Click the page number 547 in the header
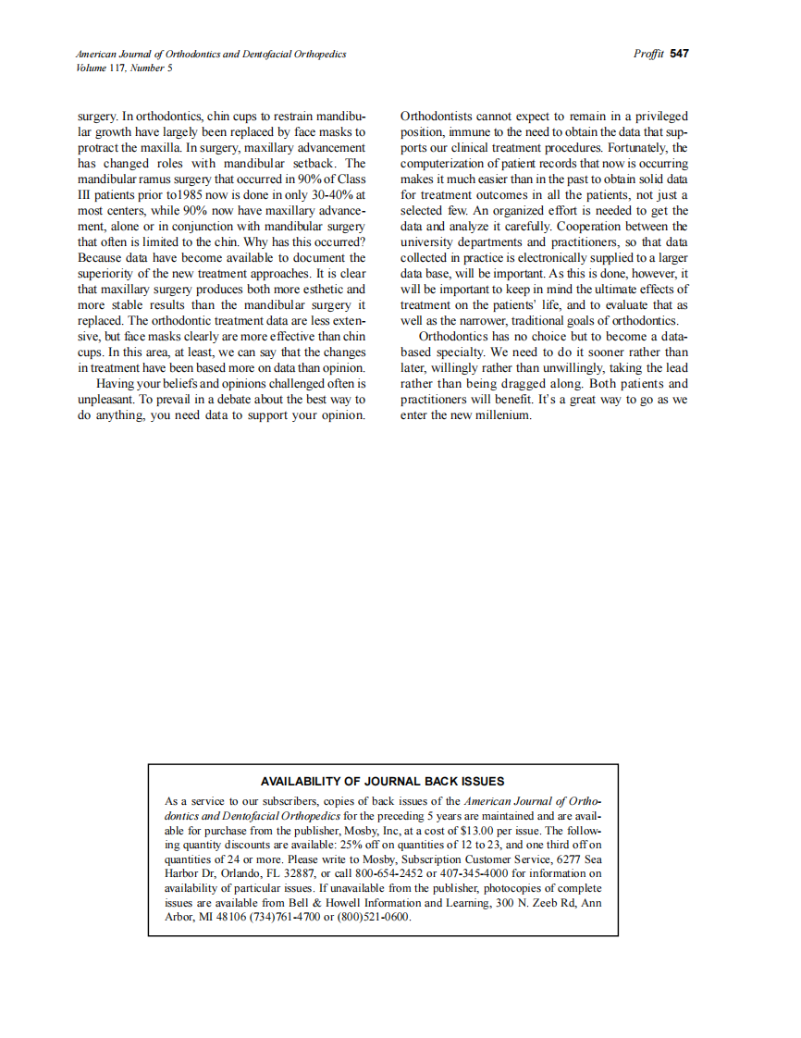coord(680,54)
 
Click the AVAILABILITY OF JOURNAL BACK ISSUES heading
coord(382,781)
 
